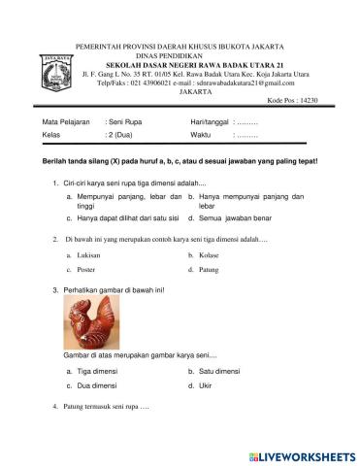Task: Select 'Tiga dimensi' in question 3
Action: point(97,372)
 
